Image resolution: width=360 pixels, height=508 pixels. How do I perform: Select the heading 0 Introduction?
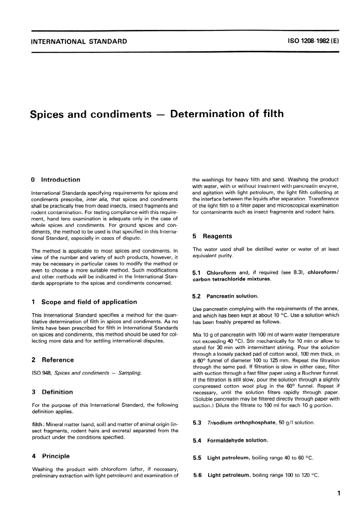(x=56, y=180)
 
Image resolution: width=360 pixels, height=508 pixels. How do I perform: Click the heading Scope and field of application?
(x=89, y=302)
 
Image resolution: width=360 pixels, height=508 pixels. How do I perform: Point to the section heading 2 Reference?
(x=53, y=360)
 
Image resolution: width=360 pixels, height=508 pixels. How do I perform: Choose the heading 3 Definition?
(x=52, y=392)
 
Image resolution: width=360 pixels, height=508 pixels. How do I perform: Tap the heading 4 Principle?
(x=51, y=456)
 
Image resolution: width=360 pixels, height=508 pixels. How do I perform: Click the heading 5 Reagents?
(x=212, y=236)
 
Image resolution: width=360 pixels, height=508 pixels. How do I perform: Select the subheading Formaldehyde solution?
(x=237, y=440)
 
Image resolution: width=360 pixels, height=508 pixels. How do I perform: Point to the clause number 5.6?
(x=197, y=475)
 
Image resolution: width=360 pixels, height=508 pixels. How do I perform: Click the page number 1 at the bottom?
(x=338, y=493)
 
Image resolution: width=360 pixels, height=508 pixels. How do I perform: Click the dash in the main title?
(x=161, y=114)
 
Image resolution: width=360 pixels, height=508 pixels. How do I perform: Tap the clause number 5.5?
(x=197, y=458)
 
